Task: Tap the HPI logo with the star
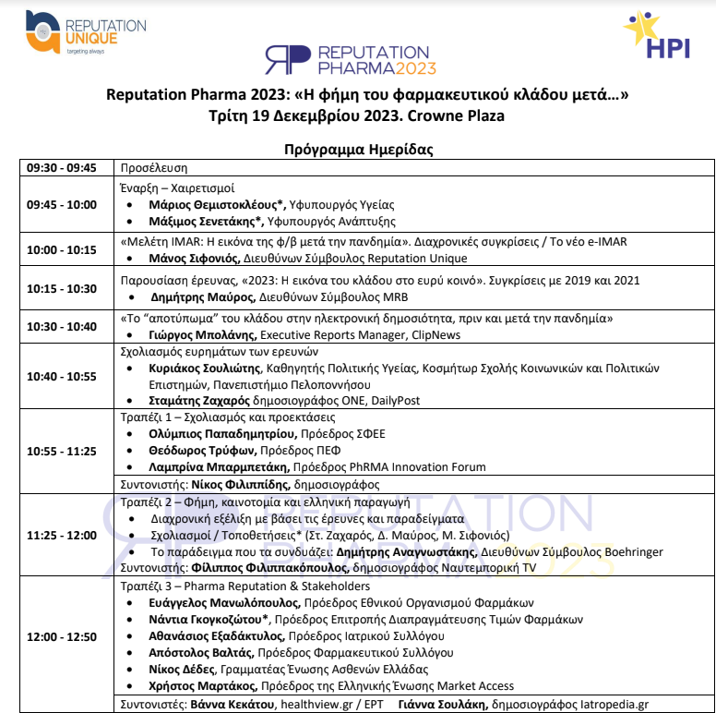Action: tap(656, 37)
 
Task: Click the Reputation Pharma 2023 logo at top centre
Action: tap(351, 60)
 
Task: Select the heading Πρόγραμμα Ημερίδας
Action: tap(358, 149)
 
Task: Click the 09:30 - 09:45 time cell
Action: tap(62, 168)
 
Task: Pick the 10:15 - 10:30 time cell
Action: tap(62, 288)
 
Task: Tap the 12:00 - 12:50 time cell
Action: tap(62, 637)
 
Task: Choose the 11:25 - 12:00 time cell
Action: tap(62, 535)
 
